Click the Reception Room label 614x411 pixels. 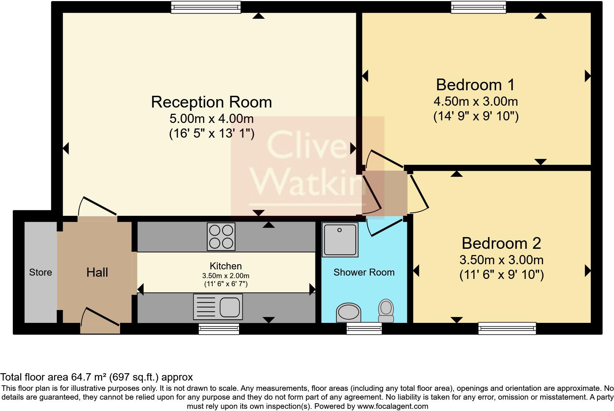(x=211, y=102)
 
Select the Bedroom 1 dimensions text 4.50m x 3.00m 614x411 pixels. (x=476, y=101)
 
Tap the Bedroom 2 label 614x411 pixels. (x=501, y=243)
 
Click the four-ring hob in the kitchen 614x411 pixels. (x=221, y=237)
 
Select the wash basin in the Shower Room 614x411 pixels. (x=348, y=313)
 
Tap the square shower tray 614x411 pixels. (x=340, y=240)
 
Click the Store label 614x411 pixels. (x=40, y=272)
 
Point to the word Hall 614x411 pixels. (x=97, y=272)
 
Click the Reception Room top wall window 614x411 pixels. (x=206, y=7)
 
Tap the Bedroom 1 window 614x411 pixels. (x=478, y=7)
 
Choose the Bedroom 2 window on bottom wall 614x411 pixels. (x=507, y=328)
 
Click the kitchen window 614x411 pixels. (x=219, y=328)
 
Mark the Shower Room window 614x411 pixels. (x=364, y=328)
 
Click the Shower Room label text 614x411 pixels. (x=364, y=272)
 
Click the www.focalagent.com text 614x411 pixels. (x=393, y=406)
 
